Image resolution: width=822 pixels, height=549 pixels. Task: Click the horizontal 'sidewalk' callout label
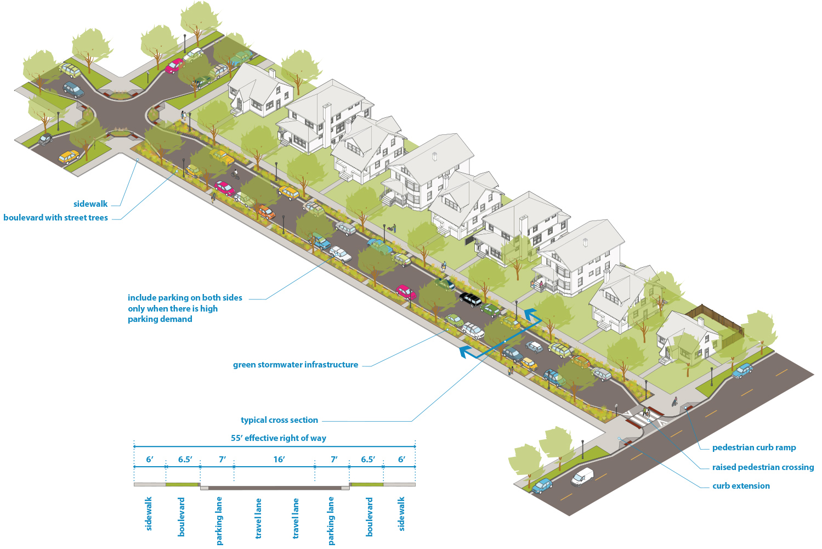(x=90, y=204)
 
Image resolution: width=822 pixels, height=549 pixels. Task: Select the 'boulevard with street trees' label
(x=55, y=218)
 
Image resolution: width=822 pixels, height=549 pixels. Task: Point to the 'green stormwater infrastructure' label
(x=295, y=365)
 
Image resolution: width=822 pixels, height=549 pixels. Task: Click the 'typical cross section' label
(x=279, y=420)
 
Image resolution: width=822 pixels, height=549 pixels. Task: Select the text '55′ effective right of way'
(x=278, y=438)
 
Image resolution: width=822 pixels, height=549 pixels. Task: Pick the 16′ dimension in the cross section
(x=279, y=460)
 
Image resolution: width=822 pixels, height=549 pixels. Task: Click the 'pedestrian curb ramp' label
(x=753, y=448)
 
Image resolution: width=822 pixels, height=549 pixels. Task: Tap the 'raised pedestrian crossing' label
(x=762, y=467)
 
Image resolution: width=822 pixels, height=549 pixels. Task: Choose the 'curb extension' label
(x=740, y=486)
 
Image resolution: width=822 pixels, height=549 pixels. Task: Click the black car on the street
(x=470, y=299)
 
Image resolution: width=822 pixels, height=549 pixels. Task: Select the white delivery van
(x=582, y=476)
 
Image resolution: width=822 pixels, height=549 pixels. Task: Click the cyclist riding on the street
(x=235, y=174)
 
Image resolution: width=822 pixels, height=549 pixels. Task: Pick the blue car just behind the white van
(x=542, y=486)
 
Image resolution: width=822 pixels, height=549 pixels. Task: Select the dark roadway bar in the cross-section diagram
(x=275, y=488)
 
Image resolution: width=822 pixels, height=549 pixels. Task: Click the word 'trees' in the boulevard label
(x=98, y=218)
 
